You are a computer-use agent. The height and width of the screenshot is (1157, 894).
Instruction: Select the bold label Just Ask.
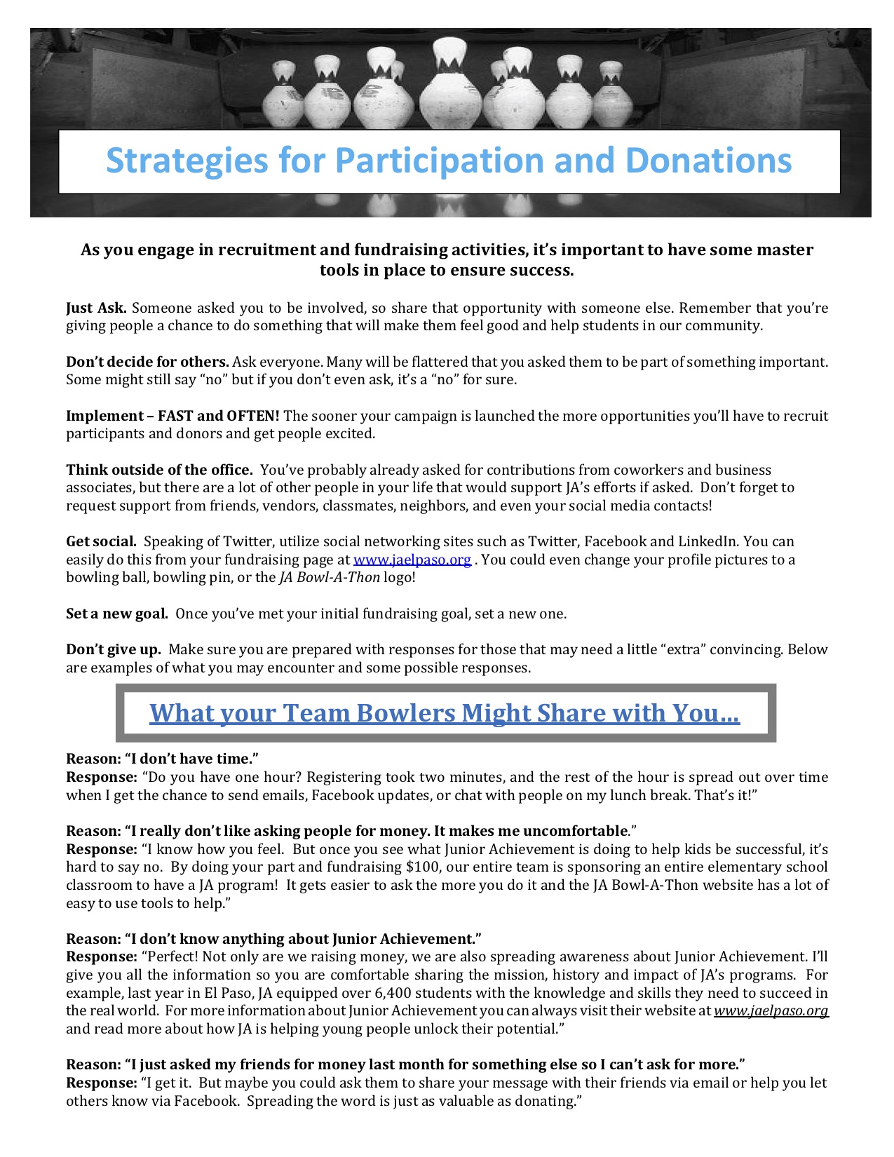(x=96, y=308)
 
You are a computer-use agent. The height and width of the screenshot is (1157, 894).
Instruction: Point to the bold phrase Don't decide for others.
(x=147, y=362)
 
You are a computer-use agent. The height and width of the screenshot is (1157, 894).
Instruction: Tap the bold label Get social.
(x=101, y=541)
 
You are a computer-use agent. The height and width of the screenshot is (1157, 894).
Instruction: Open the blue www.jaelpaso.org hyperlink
(x=412, y=560)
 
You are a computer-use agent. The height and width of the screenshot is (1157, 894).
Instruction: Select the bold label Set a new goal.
(x=116, y=614)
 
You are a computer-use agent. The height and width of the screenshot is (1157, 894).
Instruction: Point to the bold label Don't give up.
(x=114, y=649)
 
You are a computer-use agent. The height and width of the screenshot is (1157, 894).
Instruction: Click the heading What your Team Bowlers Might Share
(x=445, y=713)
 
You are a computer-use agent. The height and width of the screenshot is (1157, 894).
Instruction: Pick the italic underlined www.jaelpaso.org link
(x=771, y=1011)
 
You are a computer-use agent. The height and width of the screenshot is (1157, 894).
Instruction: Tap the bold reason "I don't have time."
(x=163, y=759)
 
